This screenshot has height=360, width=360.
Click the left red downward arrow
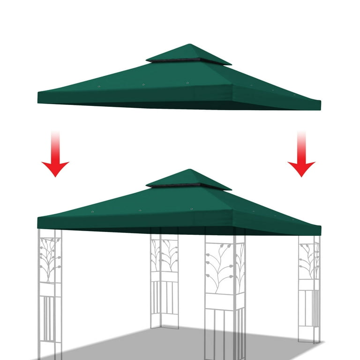click(x=55, y=162)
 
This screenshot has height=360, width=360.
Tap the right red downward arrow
click(x=301, y=162)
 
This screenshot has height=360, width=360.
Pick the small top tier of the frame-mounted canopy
click(x=188, y=178)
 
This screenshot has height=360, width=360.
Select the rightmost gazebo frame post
click(x=309, y=286)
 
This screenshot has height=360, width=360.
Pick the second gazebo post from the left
click(x=164, y=277)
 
